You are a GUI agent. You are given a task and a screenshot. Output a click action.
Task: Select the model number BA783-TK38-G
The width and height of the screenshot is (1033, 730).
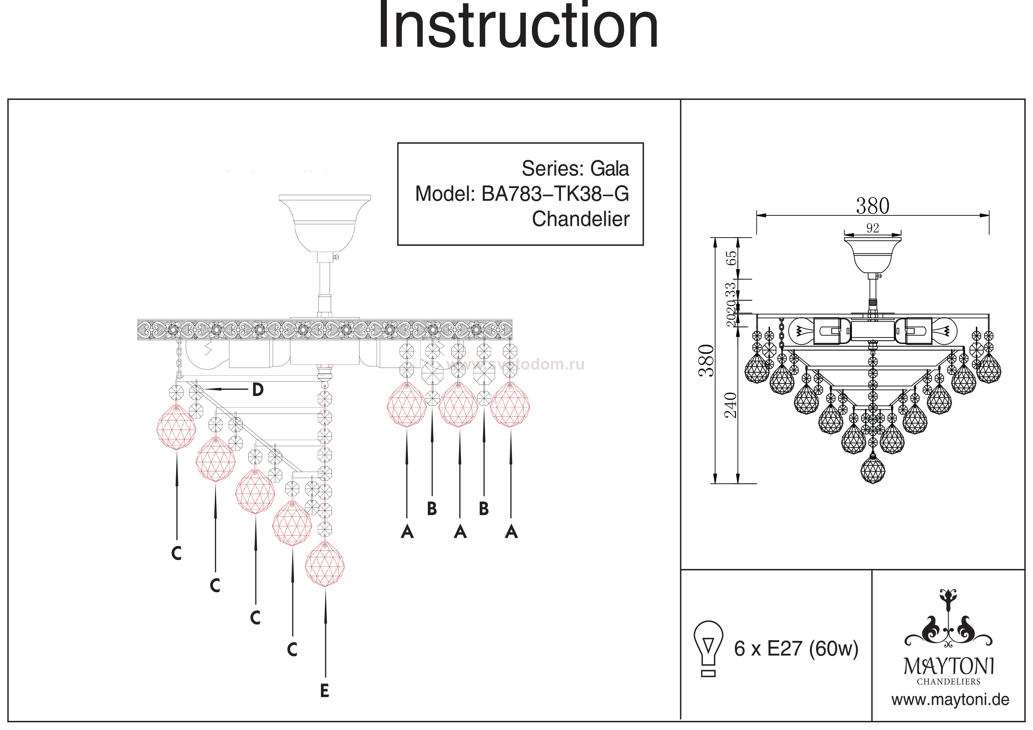point(555,194)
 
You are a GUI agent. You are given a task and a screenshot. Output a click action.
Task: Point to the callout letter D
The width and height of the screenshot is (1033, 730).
point(258,390)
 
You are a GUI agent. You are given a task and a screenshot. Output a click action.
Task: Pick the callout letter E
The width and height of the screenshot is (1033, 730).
point(325,691)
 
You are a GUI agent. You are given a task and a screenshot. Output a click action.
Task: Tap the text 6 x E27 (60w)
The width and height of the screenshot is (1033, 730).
point(796,648)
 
